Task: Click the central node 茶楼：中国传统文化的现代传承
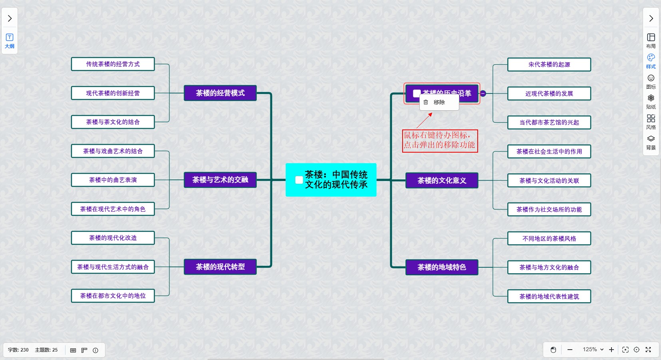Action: click(x=335, y=180)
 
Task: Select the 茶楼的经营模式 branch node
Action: click(x=220, y=93)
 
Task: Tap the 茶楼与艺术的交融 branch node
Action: click(x=220, y=180)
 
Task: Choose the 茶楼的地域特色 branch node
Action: click(x=442, y=267)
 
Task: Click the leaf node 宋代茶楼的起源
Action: click(x=549, y=64)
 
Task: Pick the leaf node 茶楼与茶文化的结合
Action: click(x=113, y=122)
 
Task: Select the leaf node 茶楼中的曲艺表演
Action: click(x=113, y=180)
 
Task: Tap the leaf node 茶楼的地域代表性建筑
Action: click(x=549, y=296)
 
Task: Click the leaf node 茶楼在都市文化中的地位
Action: click(x=113, y=296)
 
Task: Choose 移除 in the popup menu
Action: click(x=439, y=102)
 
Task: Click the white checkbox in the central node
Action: click(x=299, y=180)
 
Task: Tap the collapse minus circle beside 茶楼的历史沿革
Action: click(x=483, y=93)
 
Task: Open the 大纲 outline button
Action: click(x=10, y=40)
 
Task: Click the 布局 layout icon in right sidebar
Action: click(x=651, y=40)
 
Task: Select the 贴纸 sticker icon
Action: click(x=651, y=101)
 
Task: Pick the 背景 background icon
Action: click(x=651, y=142)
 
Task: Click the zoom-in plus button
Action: click(x=611, y=350)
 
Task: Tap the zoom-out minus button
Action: click(x=570, y=350)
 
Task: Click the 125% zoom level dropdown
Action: click(x=593, y=350)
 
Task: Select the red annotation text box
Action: click(x=439, y=140)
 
